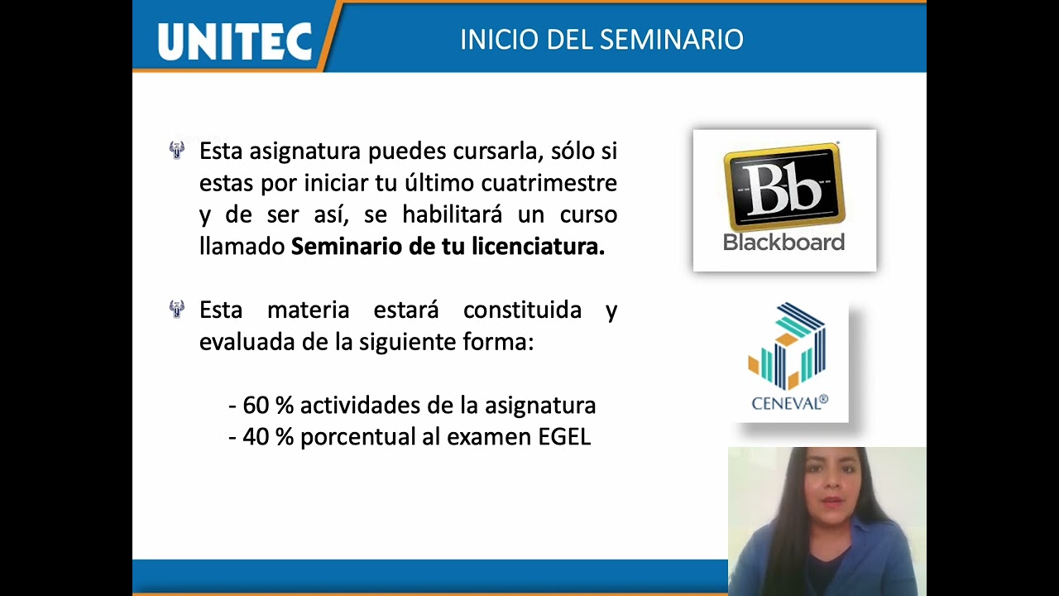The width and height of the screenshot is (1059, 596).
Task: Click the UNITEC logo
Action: [234, 40]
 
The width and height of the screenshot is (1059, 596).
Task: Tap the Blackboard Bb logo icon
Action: [783, 187]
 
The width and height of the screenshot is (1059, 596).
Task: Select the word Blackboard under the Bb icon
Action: [783, 242]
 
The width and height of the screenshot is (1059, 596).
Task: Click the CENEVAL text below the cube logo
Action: [788, 403]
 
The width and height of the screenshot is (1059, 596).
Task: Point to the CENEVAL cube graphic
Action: [788, 347]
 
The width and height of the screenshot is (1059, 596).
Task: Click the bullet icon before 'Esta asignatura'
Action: [176, 151]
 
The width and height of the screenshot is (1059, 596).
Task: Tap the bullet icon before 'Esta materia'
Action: [176, 310]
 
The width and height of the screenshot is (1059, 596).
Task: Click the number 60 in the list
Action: [256, 406]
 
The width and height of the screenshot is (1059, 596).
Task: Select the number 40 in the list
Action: [256, 437]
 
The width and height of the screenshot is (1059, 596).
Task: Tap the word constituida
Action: [522, 310]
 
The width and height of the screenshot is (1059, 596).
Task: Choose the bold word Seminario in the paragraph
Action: [347, 247]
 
